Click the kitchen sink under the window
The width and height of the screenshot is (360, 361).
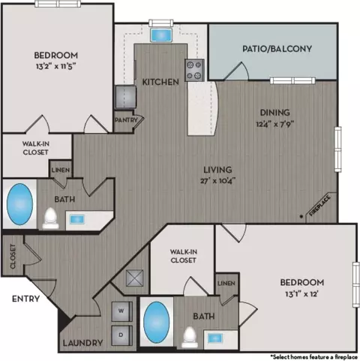click(x=161, y=35)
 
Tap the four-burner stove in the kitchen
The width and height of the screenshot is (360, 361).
click(x=194, y=71)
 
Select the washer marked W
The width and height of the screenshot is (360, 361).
click(x=121, y=311)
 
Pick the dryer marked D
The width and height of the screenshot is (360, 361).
click(x=121, y=335)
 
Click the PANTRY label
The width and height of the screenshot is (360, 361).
click(x=126, y=120)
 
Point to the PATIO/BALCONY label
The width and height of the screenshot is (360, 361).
click(x=277, y=49)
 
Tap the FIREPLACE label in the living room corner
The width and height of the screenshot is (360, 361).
click(x=320, y=206)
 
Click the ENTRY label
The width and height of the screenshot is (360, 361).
click(x=25, y=299)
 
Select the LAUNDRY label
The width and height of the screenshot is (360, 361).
click(x=82, y=343)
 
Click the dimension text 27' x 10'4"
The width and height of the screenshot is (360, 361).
click(x=218, y=180)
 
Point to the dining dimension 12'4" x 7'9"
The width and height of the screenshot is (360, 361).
click(x=275, y=124)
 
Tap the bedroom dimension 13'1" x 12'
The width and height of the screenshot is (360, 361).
click(x=301, y=293)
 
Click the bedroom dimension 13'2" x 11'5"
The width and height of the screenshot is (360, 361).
click(x=56, y=66)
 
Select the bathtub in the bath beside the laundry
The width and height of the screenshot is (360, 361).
click(x=157, y=322)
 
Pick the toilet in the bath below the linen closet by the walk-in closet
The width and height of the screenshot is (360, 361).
click(x=190, y=337)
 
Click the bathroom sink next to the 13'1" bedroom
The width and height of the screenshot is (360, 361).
click(x=215, y=339)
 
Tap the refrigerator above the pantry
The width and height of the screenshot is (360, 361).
click(x=126, y=97)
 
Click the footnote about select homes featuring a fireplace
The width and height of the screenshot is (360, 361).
click(x=314, y=356)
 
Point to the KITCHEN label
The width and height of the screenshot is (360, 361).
click(x=160, y=82)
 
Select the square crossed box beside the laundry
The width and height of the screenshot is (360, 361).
click(x=135, y=278)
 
